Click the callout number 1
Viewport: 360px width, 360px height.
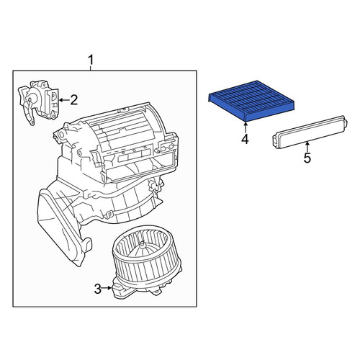point(91,60)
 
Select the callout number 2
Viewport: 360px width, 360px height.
point(74,100)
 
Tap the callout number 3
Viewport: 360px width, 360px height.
point(98,289)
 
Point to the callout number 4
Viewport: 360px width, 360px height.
point(245,139)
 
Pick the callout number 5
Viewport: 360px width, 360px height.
point(307,158)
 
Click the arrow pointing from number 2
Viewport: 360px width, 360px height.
point(64,100)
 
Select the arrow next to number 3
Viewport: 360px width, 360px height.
point(107,287)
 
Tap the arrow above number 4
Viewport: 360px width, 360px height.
point(246,127)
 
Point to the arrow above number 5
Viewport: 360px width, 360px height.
point(307,146)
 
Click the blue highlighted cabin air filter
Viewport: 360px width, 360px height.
point(251,100)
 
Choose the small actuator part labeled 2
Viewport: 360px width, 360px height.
point(39,102)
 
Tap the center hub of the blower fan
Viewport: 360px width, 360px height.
point(143,246)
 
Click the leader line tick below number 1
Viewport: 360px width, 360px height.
point(91,68)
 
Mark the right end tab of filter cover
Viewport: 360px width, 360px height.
point(345,122)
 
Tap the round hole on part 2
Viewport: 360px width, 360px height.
point(30,99)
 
